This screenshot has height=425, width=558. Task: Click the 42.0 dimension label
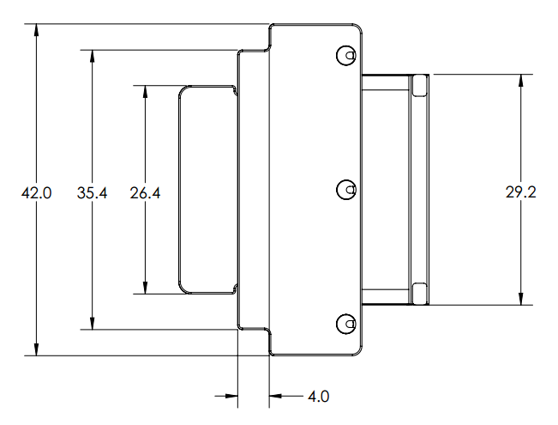point(36,193)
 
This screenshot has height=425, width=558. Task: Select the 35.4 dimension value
point(92,193)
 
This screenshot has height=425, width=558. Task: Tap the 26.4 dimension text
point(145,193)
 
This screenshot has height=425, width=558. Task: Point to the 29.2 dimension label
point(520,192)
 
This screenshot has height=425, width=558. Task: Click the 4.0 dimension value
point(319,396)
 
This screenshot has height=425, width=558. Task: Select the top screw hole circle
point(346,55)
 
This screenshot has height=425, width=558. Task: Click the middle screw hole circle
point(346,190)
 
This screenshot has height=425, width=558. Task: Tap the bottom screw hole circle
point(346,324)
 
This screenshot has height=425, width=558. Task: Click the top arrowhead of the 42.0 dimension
point(36,30)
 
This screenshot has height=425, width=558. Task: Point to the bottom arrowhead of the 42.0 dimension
point(36,349)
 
